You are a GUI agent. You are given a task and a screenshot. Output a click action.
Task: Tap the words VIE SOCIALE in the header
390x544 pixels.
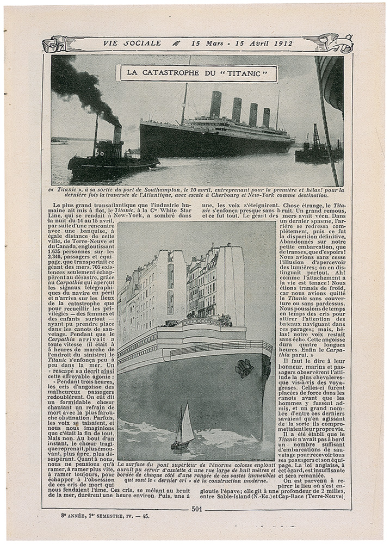point(132,44)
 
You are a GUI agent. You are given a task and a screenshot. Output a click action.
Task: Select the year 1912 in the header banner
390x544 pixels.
point(281,44)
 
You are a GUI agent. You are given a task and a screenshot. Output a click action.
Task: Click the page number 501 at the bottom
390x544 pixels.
point(197,509)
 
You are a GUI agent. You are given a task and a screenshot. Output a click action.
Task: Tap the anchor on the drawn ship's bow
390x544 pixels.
point(244,368)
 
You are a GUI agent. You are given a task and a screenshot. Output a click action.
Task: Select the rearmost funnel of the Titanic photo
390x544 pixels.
point(266,117)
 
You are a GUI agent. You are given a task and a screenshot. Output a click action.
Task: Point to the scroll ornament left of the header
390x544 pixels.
point(57,44)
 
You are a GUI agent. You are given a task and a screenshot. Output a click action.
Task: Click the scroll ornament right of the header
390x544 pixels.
point(336,44)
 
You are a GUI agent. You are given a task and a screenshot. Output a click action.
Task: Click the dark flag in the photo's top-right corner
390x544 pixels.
point(333,82)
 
